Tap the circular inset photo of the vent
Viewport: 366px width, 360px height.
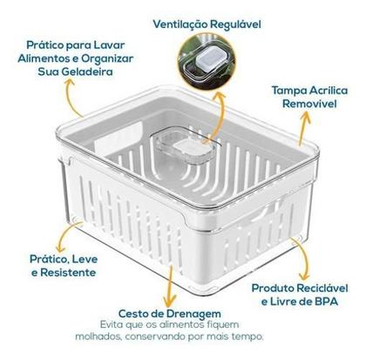tap(210, 62)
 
